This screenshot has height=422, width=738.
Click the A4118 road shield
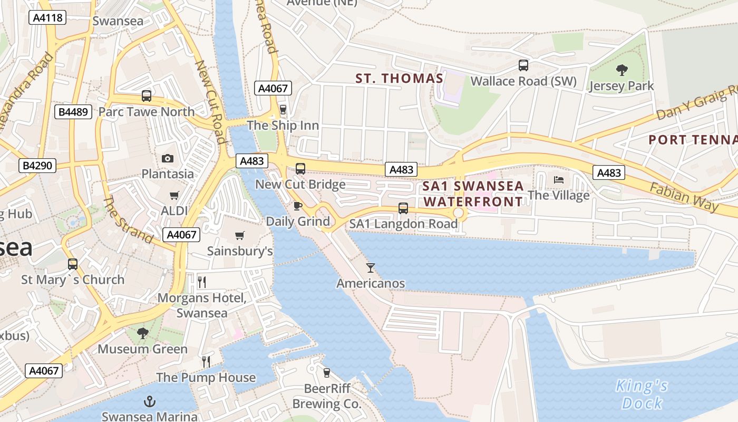click(47, 18)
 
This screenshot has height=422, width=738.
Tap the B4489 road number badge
click(74, 112)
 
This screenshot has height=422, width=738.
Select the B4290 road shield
click(37, 166)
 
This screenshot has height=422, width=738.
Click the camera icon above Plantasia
click(168, 158)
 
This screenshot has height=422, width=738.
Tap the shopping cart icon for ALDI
click(174, 196)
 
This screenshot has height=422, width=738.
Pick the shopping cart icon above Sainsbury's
click(240, 235)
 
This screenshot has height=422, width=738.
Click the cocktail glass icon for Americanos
click(371, 268)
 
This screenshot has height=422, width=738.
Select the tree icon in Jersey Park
click(622, 70)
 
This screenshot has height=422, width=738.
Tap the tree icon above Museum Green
click(142, 333)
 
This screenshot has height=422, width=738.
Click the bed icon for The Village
click(559, 180)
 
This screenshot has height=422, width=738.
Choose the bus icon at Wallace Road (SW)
click(523, 65)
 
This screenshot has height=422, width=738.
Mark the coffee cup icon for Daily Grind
click(298, 206)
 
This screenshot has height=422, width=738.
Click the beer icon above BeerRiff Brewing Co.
click(327, 373)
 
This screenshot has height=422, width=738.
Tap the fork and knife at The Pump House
click(206, 362)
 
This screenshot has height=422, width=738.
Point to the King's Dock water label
click(642, 395)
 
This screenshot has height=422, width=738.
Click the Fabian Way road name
click(684, 197)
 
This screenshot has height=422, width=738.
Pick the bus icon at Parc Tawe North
click(147, 96)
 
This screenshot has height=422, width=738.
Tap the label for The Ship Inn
click(283, 126)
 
